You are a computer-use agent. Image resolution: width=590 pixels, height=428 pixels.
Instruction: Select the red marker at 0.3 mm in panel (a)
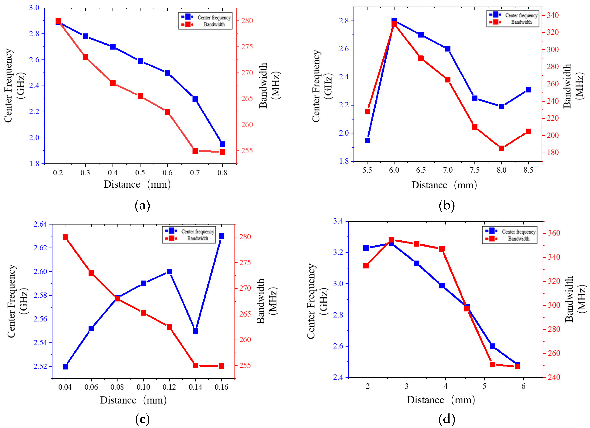(86, 57)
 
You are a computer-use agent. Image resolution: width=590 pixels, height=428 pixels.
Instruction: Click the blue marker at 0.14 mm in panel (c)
(195, 331)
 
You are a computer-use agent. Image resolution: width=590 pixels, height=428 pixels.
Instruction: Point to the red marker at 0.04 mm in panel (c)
(65, 237)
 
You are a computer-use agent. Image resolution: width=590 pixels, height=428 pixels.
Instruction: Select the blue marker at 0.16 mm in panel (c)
(221, 236)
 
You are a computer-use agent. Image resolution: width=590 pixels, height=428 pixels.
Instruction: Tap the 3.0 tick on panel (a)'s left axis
(34, 8)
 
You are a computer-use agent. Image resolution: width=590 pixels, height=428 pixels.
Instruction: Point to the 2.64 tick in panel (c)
(40, 224)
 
